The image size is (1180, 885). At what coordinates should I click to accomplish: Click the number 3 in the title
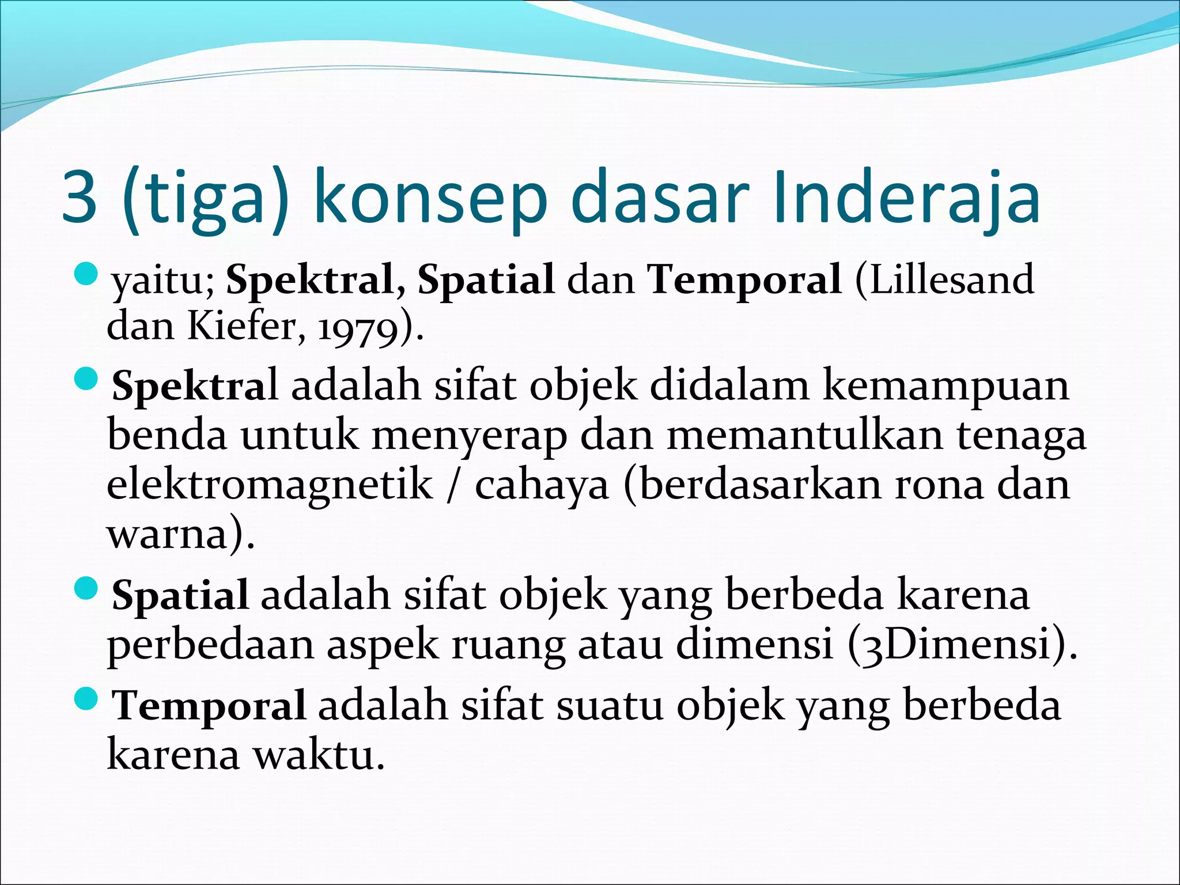pos(79,197)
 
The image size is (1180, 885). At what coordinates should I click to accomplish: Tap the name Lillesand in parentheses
pos(945,279)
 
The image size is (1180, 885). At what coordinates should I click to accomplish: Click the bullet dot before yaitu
pos(87,273)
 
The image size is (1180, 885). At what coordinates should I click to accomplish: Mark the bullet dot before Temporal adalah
pos(87,698)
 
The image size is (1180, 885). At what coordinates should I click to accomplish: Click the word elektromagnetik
pos(270,485)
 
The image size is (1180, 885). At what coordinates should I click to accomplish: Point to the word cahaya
pos(542,485)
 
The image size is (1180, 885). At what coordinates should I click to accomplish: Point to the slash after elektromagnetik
pos(453,485)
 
